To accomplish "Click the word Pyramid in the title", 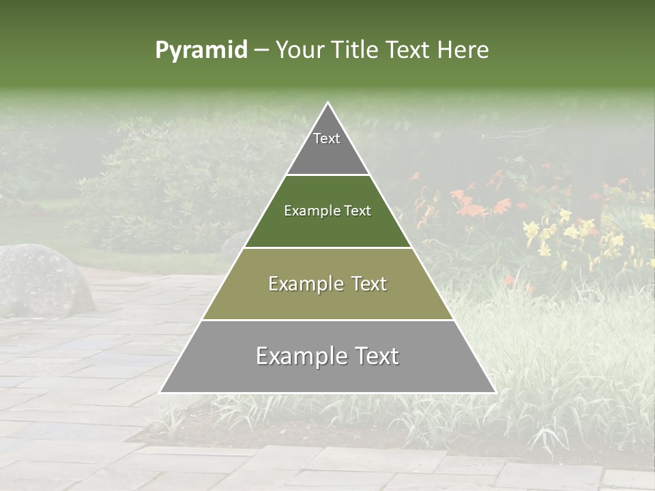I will (x=201, y=50).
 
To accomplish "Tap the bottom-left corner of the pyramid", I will (x=162, y=391).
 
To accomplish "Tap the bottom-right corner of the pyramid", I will (x=494, y=391).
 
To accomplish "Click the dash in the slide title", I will (x=261, y=50).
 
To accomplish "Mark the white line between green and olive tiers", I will (x=327, y=248).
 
